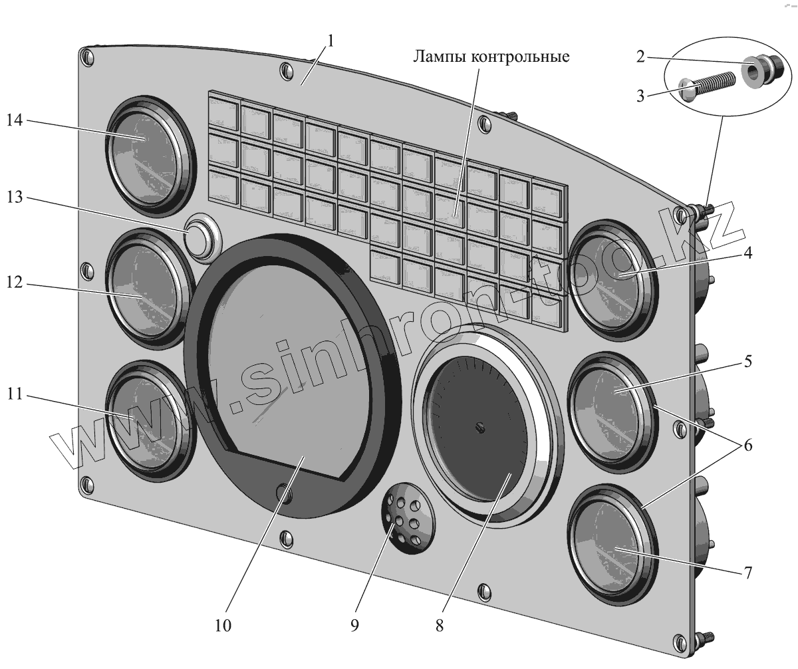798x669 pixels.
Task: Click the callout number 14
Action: (15, 120)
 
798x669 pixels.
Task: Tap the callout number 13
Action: (15, 199)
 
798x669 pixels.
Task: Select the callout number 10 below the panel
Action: (223, 625)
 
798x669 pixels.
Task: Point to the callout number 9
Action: (354, 625)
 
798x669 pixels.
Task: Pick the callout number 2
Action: (640, 57)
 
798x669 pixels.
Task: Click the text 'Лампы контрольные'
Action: (491, 56)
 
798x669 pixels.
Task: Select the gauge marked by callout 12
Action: (146, 287)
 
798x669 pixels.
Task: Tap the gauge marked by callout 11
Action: (146, 420)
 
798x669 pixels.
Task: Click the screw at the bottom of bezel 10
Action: (283, 493)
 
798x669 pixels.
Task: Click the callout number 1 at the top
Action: (331, 40)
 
